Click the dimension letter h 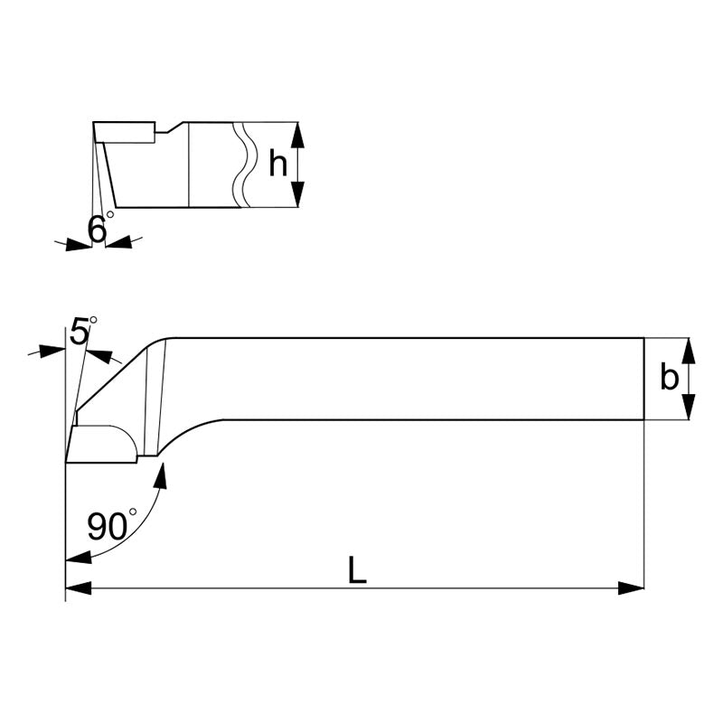click(278, 164)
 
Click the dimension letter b click(669, 379)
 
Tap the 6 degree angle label click(99, 229)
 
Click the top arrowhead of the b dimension click(690, 349)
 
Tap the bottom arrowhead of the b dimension click(690, 408)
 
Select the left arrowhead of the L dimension click(79, 588)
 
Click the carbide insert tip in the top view click(101, 444)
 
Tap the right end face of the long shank click(643, 379)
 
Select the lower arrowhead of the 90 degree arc click(78, 557)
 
